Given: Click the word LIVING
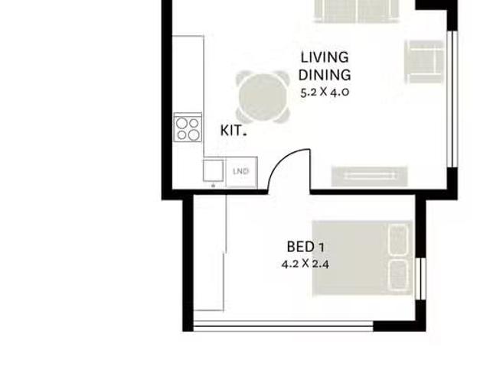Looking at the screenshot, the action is [325, 57].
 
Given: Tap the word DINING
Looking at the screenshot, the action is [325, 75].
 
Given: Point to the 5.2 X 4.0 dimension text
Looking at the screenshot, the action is [325, 92].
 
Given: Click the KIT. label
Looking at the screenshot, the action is [234, 131].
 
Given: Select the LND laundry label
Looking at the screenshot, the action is [241, 171].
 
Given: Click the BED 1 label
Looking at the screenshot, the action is [305, 248].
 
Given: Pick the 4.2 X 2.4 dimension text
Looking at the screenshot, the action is [305, 264].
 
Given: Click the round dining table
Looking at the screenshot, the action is [263, 97].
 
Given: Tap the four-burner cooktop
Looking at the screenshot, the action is [188, 128].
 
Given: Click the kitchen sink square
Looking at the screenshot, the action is [213, 170].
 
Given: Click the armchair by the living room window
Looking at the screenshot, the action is [424, 62].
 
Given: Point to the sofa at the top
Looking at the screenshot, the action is [357, 11].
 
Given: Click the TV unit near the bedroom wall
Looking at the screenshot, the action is [369, 177].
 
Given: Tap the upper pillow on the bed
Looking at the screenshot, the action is [399, 240].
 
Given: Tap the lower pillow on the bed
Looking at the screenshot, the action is [399, 276].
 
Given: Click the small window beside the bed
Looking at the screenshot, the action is [421, 279].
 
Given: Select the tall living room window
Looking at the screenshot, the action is [452, 99].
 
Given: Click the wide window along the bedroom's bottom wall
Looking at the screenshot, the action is [283, 326].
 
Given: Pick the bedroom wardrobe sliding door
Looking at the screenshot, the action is [225, 252].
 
